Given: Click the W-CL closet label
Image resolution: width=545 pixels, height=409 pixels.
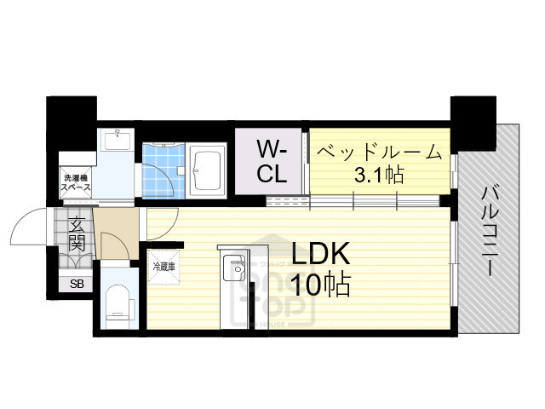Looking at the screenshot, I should pyautogui.click(x=272, y=163).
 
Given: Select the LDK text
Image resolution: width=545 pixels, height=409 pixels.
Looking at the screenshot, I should pyautogui.click(x=321, y=254).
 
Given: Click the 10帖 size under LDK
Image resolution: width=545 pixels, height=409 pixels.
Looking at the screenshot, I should pyautogui.click(x=321, y=285).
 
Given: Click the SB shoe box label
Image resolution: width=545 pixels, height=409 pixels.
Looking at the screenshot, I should pyautogui.click(x=77, y=284).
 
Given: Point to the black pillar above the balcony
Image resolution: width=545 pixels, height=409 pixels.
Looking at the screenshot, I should pyautogui.click(x=472, y=122).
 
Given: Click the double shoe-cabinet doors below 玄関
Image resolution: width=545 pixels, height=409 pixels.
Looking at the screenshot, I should pyautogui.click(x=77, y=265).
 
